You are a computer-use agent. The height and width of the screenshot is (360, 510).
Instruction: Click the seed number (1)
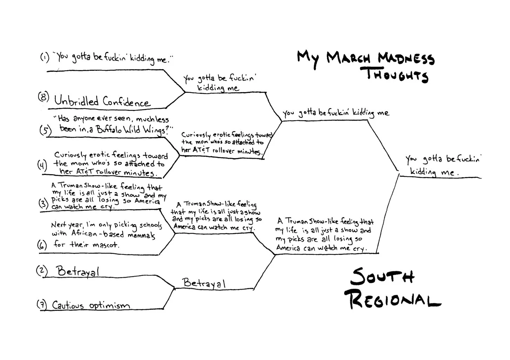coord(45,57)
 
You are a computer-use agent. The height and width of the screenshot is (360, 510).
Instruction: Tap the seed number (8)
coord(43,97)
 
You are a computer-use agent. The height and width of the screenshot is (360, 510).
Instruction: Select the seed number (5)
coord(45,130)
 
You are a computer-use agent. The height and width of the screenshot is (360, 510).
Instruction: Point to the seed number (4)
coord(42,164)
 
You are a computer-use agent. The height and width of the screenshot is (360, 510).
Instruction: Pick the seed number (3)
coord(43,203)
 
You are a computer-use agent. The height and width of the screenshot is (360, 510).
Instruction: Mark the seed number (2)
coord(42,270)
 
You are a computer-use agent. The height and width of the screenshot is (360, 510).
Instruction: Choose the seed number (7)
coord(42,305)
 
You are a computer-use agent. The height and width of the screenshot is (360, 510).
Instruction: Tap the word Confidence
coord(126,102)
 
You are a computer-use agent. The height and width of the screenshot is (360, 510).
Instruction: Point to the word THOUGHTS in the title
coord(397,75)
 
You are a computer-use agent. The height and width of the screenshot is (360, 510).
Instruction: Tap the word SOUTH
coord(382,277)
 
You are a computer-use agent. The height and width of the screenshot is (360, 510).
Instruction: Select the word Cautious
coord(68,305)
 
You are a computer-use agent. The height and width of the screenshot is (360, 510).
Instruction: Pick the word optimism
coord(109,306)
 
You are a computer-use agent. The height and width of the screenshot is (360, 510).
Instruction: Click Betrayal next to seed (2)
coord(78,271)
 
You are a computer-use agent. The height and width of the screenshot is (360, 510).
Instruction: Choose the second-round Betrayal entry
coord(204,283)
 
